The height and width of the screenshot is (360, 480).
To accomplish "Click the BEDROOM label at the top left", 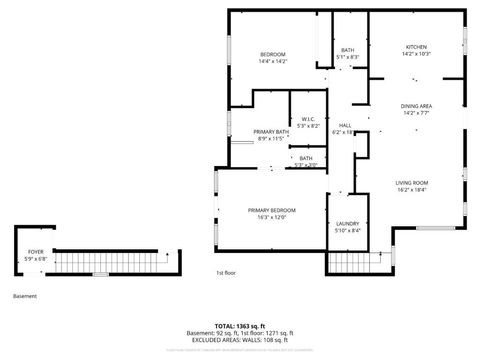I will [273, 54].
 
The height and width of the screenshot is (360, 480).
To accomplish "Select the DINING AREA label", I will [415, 106].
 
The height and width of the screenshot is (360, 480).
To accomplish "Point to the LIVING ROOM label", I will [411, 183].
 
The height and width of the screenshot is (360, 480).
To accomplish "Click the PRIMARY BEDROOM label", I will [272, 209].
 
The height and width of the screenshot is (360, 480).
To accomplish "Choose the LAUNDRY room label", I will [347, 223].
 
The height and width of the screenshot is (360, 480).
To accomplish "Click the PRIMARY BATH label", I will [271, 132].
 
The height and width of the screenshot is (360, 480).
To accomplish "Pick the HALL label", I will [344, 125].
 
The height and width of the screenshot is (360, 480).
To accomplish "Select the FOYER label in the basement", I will [35, 251].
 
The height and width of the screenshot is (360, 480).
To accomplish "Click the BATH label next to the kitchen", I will [347, 50].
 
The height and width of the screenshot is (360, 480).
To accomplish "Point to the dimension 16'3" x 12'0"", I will [272, 217].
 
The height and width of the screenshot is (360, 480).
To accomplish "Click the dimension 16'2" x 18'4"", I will [411, 191].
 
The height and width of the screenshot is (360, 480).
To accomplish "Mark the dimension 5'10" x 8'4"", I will [347, 231].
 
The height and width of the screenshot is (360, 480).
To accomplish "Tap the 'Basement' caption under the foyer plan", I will [25, 296].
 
